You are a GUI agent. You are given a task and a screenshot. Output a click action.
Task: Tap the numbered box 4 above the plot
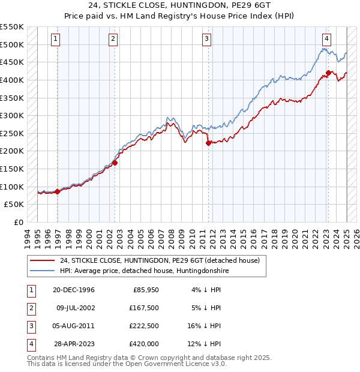point(326,39)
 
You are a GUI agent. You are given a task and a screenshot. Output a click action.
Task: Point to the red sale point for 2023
point(329,73)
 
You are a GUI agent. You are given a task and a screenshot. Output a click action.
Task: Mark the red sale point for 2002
point(115,162)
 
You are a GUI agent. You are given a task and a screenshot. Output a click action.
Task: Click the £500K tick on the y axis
point(12,44)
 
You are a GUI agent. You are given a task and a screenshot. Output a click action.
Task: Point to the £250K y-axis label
point(12,133)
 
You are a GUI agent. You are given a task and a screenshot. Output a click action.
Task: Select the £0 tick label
point(17,222)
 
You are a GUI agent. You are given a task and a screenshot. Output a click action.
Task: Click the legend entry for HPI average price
point(143,271)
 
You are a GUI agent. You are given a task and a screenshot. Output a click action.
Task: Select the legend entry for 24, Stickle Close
point(159,260)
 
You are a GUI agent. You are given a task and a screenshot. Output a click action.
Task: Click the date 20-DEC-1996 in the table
point(74,290)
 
